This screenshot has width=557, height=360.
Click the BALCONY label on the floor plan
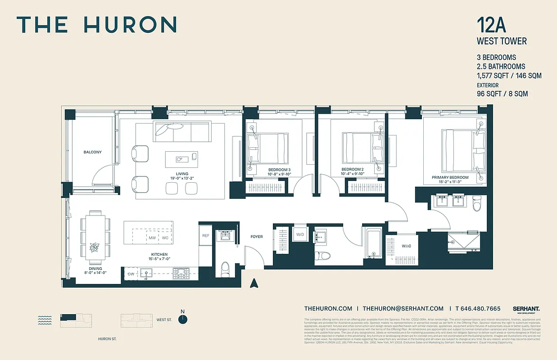92,152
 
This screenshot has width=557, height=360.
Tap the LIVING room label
182,174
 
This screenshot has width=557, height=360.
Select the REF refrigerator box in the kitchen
205,235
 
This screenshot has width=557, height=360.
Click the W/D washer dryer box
300,234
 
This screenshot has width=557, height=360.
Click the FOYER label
256,237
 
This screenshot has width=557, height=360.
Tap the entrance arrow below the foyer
254,283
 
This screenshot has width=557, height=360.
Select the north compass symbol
182,319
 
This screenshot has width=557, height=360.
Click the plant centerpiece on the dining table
95,247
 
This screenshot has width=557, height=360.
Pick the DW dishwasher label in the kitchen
131,274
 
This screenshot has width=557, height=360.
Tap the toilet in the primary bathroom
477,203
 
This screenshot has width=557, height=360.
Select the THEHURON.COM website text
328,308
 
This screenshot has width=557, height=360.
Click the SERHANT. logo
526,309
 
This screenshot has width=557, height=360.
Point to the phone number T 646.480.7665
478,308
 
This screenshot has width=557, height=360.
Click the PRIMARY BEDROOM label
450,177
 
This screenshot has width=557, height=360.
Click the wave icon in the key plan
45,319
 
